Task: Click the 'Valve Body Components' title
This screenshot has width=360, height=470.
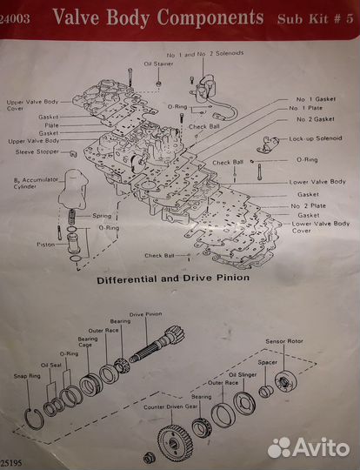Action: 158,17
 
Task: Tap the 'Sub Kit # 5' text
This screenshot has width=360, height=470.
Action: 316,19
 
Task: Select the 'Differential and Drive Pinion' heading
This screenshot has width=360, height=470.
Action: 173,279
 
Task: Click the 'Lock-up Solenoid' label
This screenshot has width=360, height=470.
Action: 316,138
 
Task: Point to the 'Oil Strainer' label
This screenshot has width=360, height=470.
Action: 158,64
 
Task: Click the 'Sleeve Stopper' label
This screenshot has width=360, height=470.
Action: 37,151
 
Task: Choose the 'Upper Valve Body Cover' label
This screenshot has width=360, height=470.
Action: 32,105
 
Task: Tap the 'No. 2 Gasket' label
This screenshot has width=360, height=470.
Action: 316,119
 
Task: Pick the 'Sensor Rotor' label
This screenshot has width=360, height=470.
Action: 284,341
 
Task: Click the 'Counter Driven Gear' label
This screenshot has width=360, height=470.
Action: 170,407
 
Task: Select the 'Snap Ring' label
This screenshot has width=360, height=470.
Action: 27,376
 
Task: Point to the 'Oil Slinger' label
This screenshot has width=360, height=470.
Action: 243,374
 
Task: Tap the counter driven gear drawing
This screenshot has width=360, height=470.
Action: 175,443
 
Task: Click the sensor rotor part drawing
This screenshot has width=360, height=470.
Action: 286,382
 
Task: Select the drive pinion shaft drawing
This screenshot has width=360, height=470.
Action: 157,344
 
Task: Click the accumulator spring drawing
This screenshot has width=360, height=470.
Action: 72,217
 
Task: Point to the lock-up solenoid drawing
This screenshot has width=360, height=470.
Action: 267,144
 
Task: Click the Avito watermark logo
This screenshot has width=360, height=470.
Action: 309,447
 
